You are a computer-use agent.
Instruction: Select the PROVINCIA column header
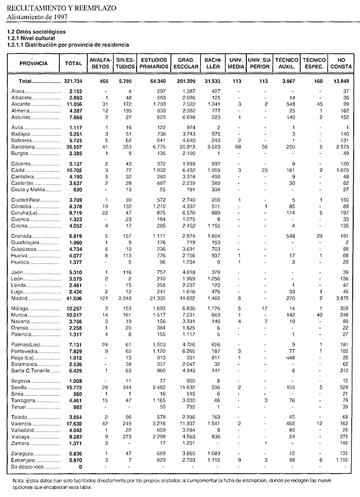(x=34, y=63)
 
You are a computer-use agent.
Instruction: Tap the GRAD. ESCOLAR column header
(x=185, y=63)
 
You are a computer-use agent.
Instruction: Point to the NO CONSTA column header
(x=338, y=63)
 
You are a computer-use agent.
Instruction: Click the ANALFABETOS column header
(x=99, y=63)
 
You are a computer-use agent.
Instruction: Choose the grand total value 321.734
(x=73, y=81)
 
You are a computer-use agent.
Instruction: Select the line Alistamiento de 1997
(x=36, y=17)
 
